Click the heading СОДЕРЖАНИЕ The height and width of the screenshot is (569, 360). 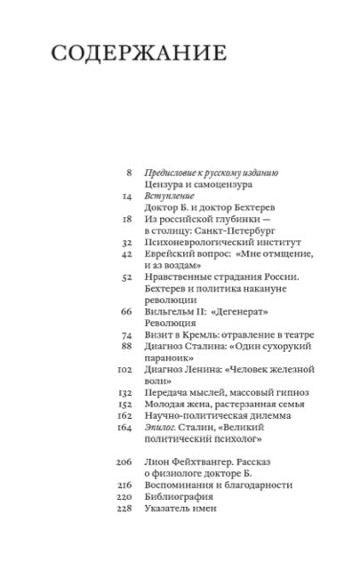click(x=137, y=55)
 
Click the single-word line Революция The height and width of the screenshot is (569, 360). click(x=172, y=323)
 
